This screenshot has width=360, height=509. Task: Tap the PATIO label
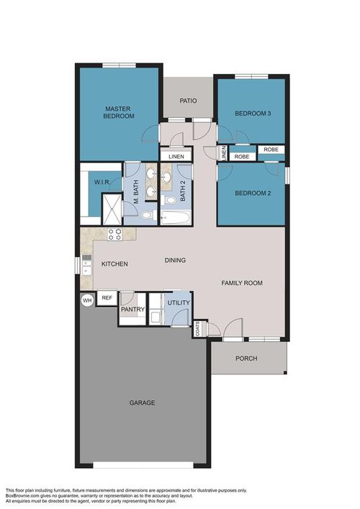(x=188, y=101)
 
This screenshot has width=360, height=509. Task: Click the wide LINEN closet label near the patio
(x=176, y=156)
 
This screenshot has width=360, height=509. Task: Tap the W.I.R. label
(x=101, y=182)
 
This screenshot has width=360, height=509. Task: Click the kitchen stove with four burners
(x=115, y=233)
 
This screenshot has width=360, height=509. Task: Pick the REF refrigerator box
(x=107, y=297)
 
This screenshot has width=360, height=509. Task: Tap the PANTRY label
(x=133, y=310)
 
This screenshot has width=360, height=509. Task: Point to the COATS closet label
(x=198, y=329)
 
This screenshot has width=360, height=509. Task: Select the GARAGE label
(x=142, y=402)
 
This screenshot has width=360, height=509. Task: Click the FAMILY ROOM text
(x=241, y=284)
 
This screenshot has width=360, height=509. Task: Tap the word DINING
(x=175, y=261)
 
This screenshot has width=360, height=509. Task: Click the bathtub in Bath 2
(x=175, y=217)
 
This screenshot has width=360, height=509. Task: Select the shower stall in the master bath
(x=112, y=210)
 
